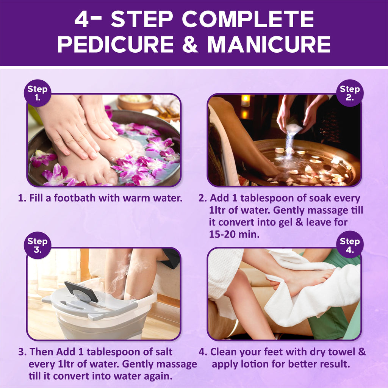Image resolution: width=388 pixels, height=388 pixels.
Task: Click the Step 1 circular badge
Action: click(38, 93)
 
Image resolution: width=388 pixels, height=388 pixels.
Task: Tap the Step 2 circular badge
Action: click(350, 93)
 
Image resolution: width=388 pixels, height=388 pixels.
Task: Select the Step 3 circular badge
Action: click(38, 245)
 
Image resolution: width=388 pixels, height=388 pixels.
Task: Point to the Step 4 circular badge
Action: click(350, 245)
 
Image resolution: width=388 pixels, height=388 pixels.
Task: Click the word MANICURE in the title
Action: click(269, 44)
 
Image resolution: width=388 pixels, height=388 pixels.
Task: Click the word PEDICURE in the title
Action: click(116, 44)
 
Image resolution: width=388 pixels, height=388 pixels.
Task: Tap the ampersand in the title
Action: click(190, 44)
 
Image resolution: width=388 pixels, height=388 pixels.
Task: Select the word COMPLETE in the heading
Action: click(248, 19)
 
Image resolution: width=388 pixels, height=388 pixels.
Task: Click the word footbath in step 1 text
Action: click(75, 198)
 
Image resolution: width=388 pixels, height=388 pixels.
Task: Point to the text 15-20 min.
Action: click(234, 234)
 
